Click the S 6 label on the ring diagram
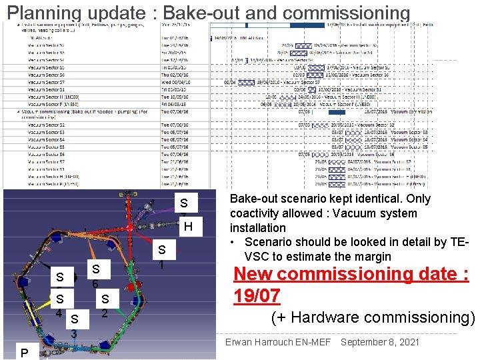(97, 275)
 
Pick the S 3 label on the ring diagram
(75, 325)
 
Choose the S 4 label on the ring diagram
(60, 305)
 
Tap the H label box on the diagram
(188, 227)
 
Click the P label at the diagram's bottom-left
(24, 353)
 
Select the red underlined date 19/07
(257, 295)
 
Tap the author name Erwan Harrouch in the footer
(255, 342)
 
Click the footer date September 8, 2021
(379, 342)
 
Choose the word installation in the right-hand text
(258, 228)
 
